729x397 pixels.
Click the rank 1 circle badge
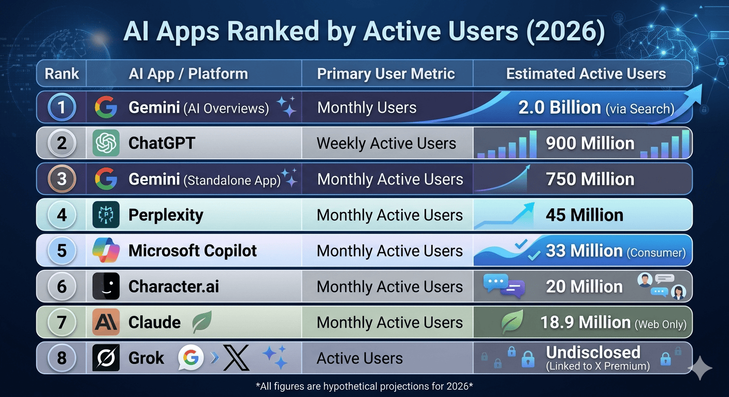coord(62,107)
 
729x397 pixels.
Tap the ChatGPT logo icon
coord(106,143)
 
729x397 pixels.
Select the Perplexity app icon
coord(106,215)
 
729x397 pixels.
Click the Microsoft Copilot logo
coord(106,250)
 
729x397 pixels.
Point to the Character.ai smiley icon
coord(106,286)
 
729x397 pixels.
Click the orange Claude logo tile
coord(106,322)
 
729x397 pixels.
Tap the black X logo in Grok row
coord(236,358)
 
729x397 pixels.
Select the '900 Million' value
coord(590,143)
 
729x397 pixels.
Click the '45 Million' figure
coord(585,215)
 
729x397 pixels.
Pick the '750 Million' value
coord(590,179)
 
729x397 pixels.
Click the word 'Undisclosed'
coord(593,352)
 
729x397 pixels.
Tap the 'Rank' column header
coord(62,73)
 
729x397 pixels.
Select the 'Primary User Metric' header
coord(386,74)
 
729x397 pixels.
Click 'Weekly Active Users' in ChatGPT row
coord(386,143)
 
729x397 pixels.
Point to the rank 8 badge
coord(62,358)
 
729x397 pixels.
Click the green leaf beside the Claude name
coord(202,322)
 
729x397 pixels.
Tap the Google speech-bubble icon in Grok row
coord(191,357)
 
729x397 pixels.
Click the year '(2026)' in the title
coord(565,32)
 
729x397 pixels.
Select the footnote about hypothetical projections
coord(364,386)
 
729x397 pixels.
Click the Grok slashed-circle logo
coord(106,358)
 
